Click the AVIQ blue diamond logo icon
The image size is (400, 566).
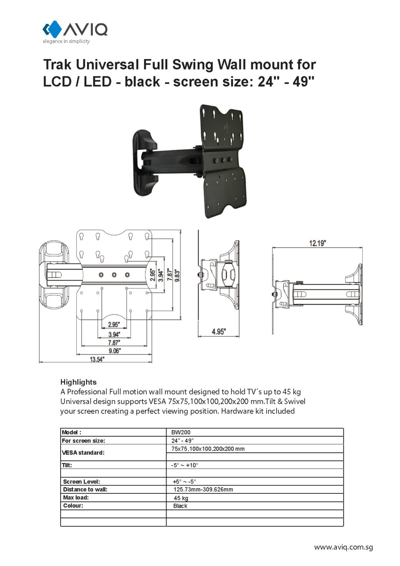(x=52, y=29)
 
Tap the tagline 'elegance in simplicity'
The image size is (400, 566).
(x=66, y=41)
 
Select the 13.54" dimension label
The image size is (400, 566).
(x=97, y=359)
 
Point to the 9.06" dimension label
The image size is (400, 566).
(x=114, y=351)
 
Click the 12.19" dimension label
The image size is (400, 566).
(x=317, y=243)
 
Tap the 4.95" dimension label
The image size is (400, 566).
(x=218, y=331)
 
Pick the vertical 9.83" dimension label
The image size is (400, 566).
(x=177, y=275)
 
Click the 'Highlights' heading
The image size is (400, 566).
(x=78, y=382)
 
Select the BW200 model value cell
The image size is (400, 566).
(x=181, y=432)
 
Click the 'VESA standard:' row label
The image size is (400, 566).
(x=83, y=453)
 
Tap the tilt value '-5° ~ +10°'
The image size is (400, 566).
(x=185, y=465)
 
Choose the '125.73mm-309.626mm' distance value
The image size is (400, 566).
(x=203, y=489)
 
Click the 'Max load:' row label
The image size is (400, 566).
(x=76, y=497)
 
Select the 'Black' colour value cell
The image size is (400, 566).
(x=180, y=506)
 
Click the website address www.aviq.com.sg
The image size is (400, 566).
(x=343, y=547)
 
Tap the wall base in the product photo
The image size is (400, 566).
(x=145, y=162)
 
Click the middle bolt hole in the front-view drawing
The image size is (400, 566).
(x=114, y=275)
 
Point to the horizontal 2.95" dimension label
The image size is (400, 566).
(x=114, y=324)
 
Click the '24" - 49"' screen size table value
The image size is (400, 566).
(x=182, y=440)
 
